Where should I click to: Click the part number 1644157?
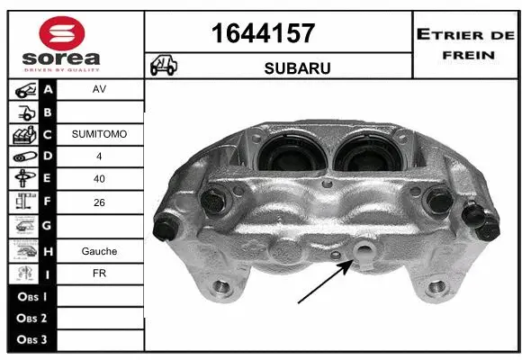click(x=262, y=33)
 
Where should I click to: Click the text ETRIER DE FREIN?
click(x=465, y=42)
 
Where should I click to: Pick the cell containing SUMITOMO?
click(x=99, y=134)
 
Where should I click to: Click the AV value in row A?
click(x=99, y=90)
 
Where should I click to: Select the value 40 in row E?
click(x=99, y=179)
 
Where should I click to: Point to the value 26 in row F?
click(x=99, y=203)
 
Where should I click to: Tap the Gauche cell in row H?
click(x=99, y=251)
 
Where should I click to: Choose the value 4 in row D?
click(x=99, y=157)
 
